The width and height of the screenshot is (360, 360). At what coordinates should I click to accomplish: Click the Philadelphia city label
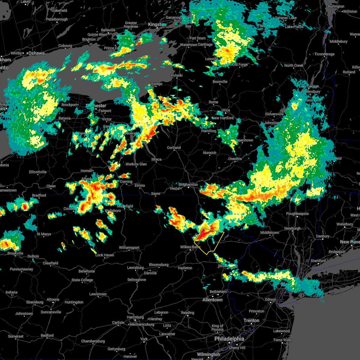[229, 339]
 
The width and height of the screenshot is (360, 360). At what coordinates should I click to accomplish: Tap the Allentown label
[212, 300]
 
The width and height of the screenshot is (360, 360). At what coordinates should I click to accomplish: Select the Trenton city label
[251, 320]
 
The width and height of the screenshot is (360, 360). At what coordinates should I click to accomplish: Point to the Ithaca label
[156, 159]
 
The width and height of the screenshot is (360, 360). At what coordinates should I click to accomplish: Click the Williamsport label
[129, 247]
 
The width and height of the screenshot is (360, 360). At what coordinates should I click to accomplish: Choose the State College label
[82, 280]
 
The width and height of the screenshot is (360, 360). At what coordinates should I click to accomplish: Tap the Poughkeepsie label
[297, 214]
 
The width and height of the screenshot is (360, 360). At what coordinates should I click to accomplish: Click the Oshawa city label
[36, 53]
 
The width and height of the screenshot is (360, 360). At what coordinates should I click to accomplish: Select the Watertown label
[188, 45]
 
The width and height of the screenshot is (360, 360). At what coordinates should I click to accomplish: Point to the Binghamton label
[188, 184]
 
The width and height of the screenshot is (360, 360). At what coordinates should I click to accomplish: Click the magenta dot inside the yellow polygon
[202, 233]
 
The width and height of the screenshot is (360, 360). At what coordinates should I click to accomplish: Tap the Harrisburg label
[135, 317]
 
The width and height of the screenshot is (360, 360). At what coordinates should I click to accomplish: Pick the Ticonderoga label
[324, 54]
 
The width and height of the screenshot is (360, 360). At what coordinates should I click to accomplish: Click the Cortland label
[174, 148]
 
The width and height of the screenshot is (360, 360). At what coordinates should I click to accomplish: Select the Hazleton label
[185, 268]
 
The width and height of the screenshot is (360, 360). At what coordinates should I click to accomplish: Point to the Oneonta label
[235, 159]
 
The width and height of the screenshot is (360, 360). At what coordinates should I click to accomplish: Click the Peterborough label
[57, 19]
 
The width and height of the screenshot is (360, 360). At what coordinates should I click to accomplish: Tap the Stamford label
[318, 261]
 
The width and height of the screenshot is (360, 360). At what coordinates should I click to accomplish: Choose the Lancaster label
[167, 334]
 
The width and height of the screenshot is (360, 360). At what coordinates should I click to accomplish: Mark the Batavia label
[64, 118]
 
